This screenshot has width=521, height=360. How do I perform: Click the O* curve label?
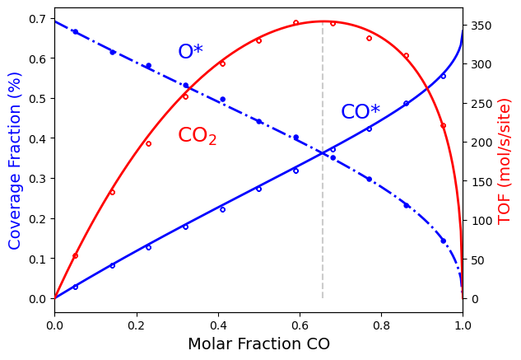(190, 52)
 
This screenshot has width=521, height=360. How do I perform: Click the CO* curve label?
(361, 112)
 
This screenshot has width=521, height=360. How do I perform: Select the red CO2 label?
(198, 136)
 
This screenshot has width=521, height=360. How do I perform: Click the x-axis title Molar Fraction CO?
(258, 344)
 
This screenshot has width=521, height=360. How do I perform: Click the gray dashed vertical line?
(323, 165)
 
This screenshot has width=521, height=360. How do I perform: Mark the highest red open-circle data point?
(295, 22)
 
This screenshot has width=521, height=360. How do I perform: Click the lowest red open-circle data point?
(75, 255)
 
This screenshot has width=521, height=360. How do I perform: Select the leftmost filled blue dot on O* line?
(75, 32)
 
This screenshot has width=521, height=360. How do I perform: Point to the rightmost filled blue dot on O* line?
(443, 241)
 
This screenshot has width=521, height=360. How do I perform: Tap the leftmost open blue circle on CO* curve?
(75, 287)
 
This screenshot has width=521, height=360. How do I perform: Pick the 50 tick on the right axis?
(477, 259)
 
